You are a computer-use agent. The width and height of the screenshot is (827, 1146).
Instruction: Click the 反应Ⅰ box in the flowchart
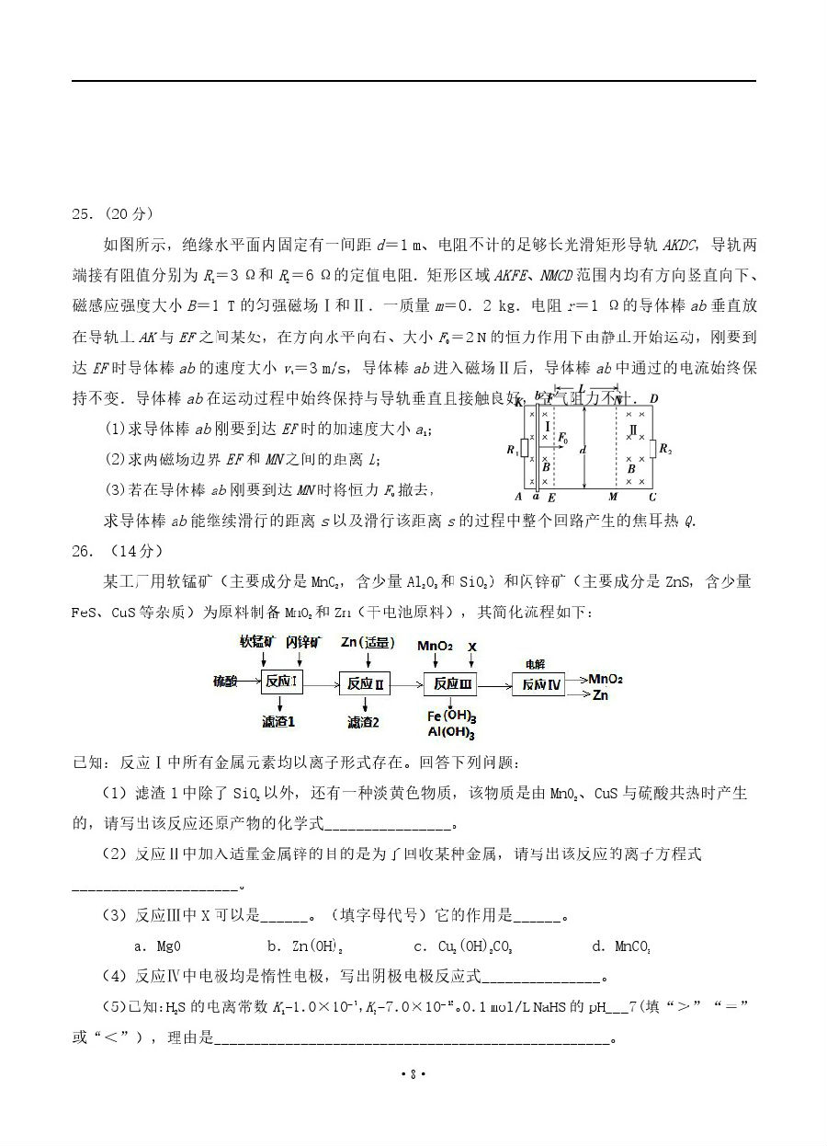[282, 682]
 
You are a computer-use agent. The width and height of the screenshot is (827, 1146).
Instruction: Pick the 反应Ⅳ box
[541, 684]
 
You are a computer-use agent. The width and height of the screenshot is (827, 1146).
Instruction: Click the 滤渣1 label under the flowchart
[278, 722]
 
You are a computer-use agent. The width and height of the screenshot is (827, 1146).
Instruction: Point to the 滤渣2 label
[363, 722]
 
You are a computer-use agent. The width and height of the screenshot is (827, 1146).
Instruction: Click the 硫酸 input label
[225, 682]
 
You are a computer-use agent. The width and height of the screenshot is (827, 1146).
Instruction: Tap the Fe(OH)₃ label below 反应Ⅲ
[451, 716]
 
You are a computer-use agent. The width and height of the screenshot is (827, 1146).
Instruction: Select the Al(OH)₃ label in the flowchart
[451, 732]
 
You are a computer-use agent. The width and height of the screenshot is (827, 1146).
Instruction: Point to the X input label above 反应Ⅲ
[472, 646]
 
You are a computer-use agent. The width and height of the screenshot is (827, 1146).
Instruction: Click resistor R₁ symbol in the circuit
[524, 449]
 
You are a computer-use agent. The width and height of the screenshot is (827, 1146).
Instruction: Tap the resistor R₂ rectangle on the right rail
[651, 449]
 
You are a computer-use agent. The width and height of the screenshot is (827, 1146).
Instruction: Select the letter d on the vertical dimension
[583, 449]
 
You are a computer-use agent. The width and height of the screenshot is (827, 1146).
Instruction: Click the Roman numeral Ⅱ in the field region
[631, 429]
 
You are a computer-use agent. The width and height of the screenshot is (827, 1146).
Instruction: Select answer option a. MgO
[157, 945]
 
